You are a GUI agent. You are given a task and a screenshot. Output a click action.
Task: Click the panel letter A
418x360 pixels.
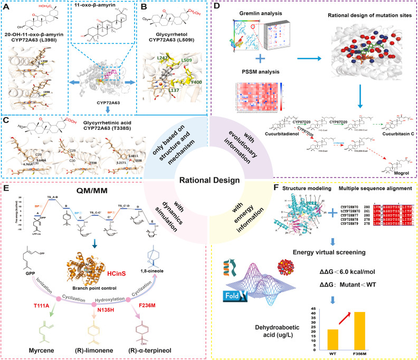(x=5, y=6)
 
